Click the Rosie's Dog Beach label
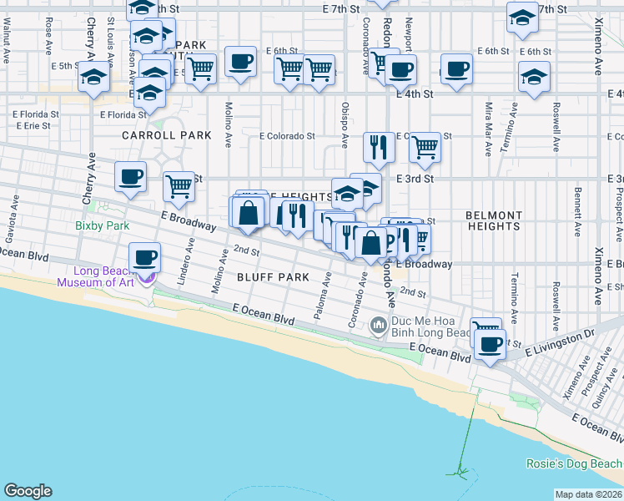[x=574, y=463]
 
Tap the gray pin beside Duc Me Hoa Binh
[x=378, y=322]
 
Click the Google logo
[x=28, y=491]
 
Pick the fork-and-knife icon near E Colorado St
[x=379, y=147]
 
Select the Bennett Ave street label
[x=577, y=200]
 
